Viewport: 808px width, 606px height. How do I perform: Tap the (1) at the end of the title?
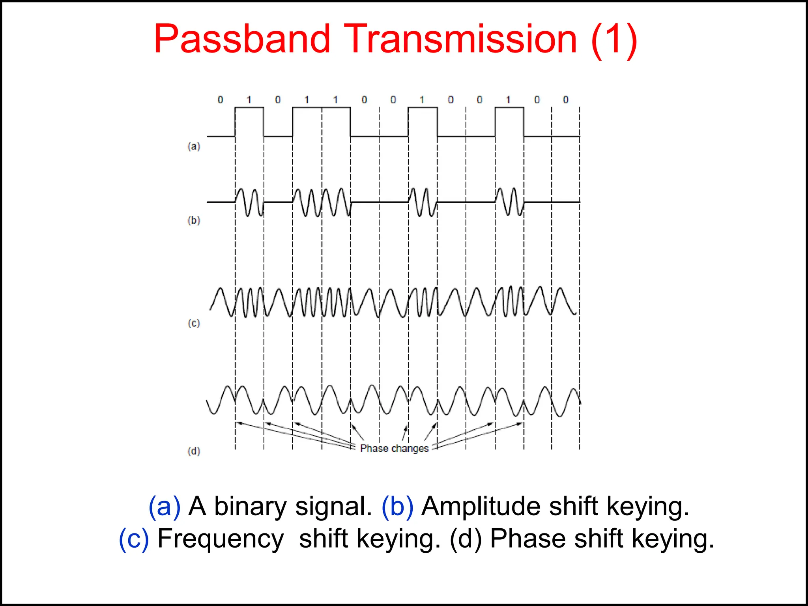click(x=614, y=39)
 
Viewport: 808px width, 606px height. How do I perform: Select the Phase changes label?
click(x=394, y=449)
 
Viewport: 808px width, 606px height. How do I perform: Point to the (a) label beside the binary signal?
click(x=194, y=146)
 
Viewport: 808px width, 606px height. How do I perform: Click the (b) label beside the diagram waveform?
click(x=194, y=220)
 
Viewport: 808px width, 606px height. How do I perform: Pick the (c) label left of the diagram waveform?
click(x=194, y=323)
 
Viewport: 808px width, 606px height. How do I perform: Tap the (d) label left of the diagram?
click(x=194, y=451)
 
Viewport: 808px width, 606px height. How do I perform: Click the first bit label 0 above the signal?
click(x=220, y=100)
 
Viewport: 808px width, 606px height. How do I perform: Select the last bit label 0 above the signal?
click(x=566, y=100)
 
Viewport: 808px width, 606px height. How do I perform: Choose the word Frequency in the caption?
click(x=221, y=539)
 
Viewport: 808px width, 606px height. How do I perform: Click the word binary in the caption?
click(x=250, y=506)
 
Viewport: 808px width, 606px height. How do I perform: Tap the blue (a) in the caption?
click(x=164, y=506)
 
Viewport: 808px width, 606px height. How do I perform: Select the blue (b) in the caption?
click(x=397, y=506)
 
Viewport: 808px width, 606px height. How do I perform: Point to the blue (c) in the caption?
click(x=134, y=539)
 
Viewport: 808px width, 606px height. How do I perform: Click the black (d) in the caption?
click(x=466, y=539)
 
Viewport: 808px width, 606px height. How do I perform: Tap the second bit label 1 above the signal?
click(x=307, y=100)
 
